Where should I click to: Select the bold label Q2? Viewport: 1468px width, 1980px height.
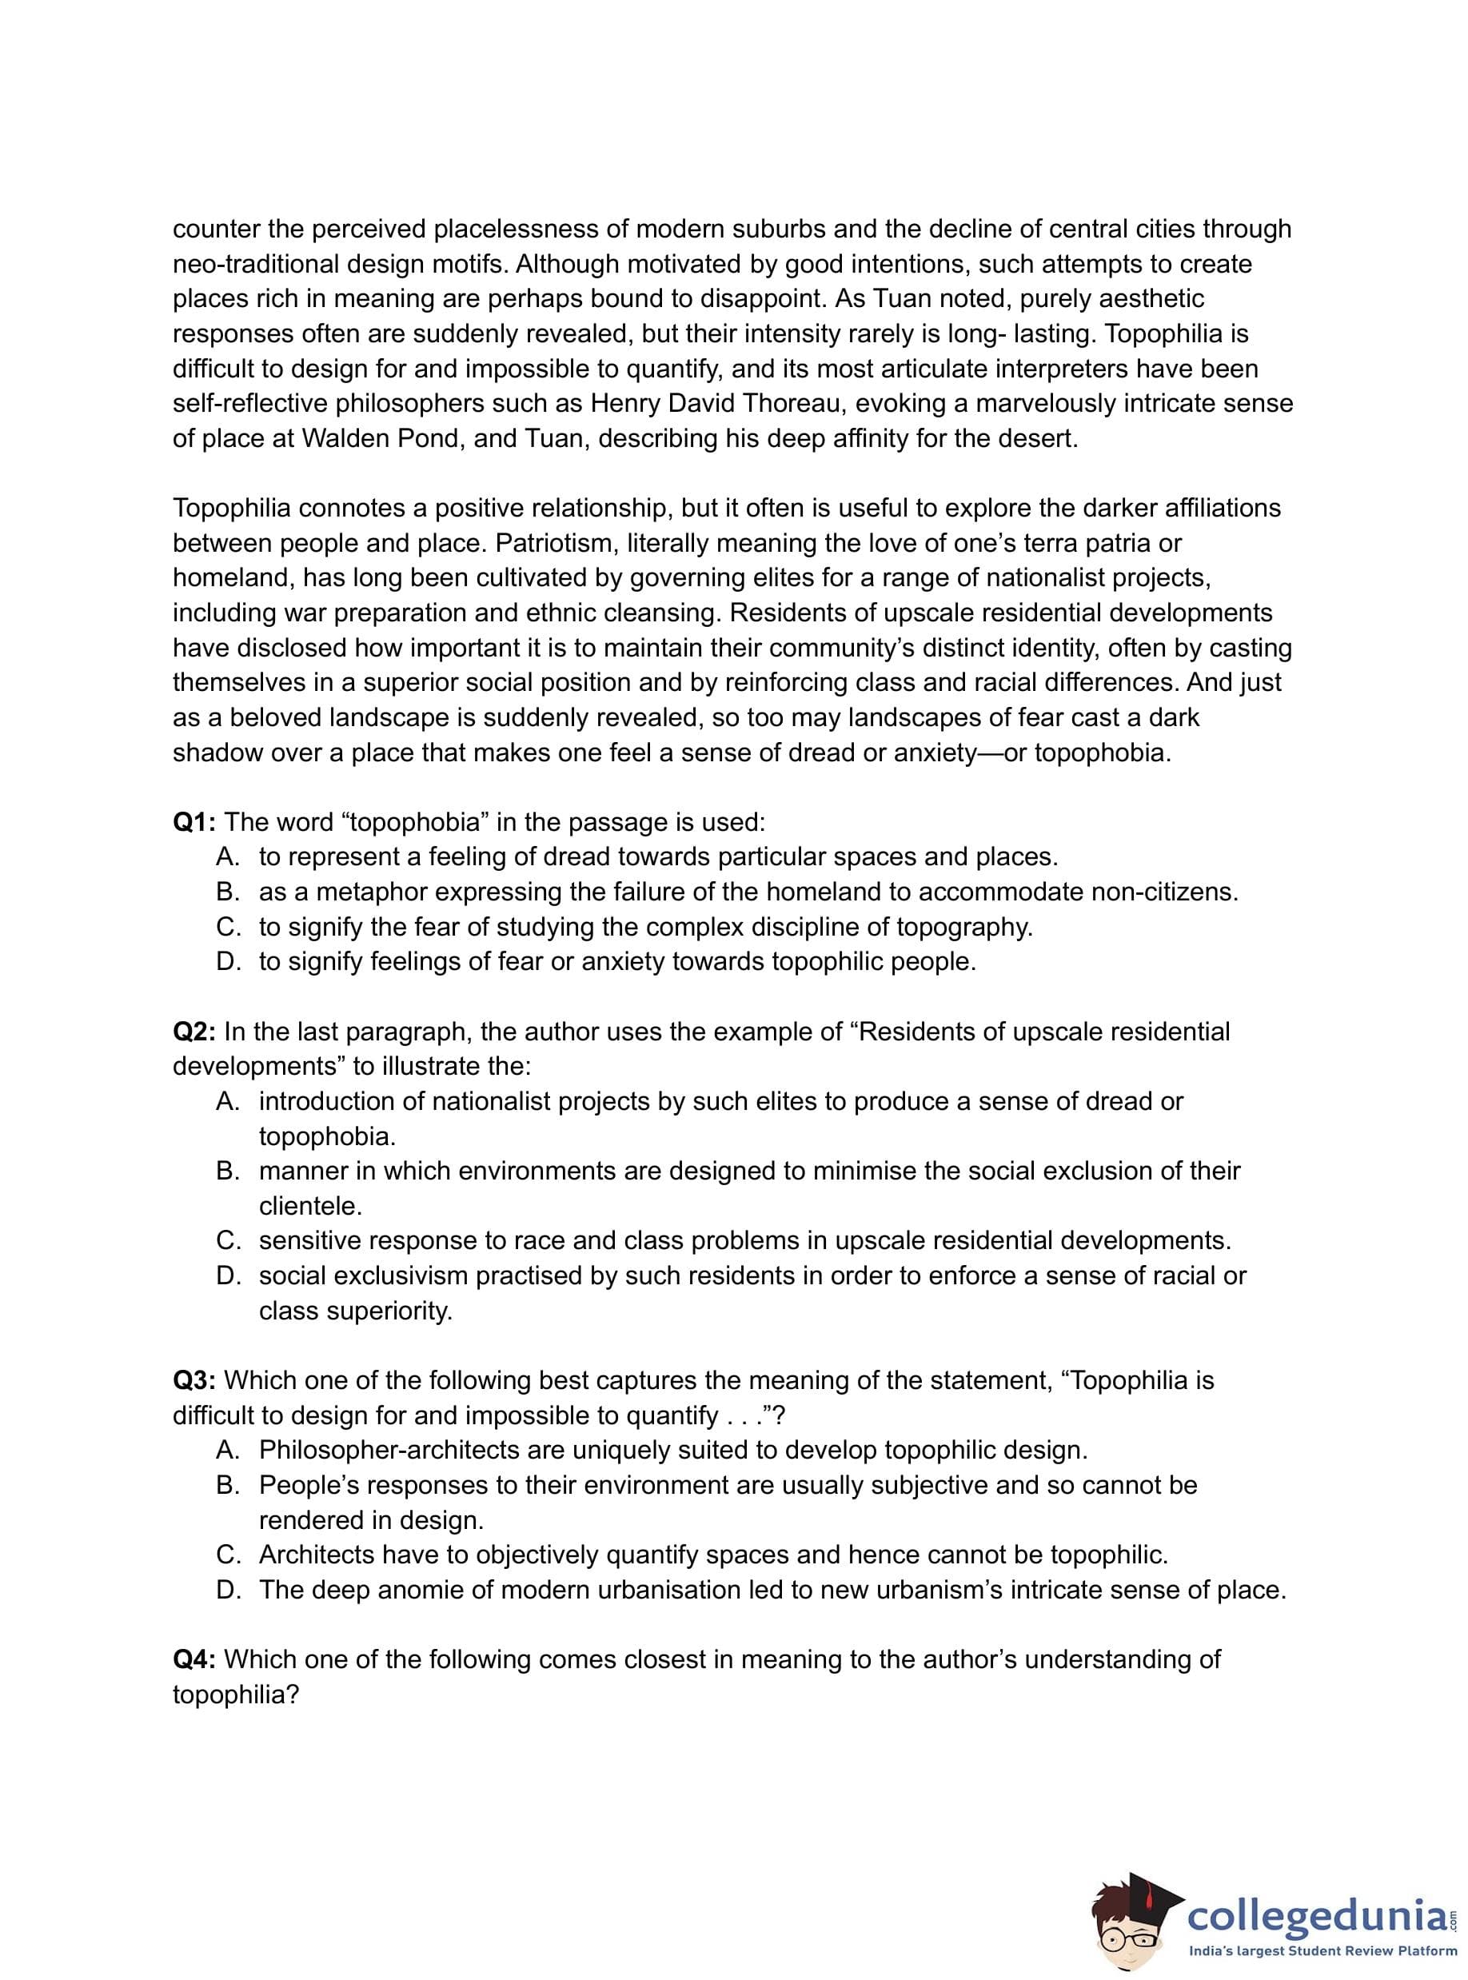193,1032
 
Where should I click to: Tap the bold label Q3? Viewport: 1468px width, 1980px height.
193,1380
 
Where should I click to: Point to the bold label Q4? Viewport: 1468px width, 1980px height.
193,1659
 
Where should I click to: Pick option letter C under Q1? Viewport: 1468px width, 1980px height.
228,927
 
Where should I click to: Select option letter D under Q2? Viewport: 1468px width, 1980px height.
228,1275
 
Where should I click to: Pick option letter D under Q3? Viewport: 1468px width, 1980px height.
228,1590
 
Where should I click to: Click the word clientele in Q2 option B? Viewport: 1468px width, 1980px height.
309,1206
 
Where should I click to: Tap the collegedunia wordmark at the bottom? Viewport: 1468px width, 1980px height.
1317,1914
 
